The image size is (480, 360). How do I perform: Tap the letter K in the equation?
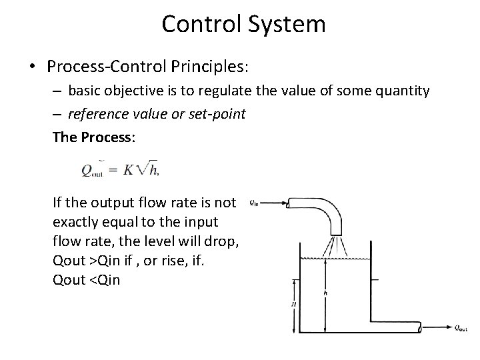(x=130, y=169)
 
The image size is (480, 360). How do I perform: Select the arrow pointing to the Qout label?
(x=438, y=327)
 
